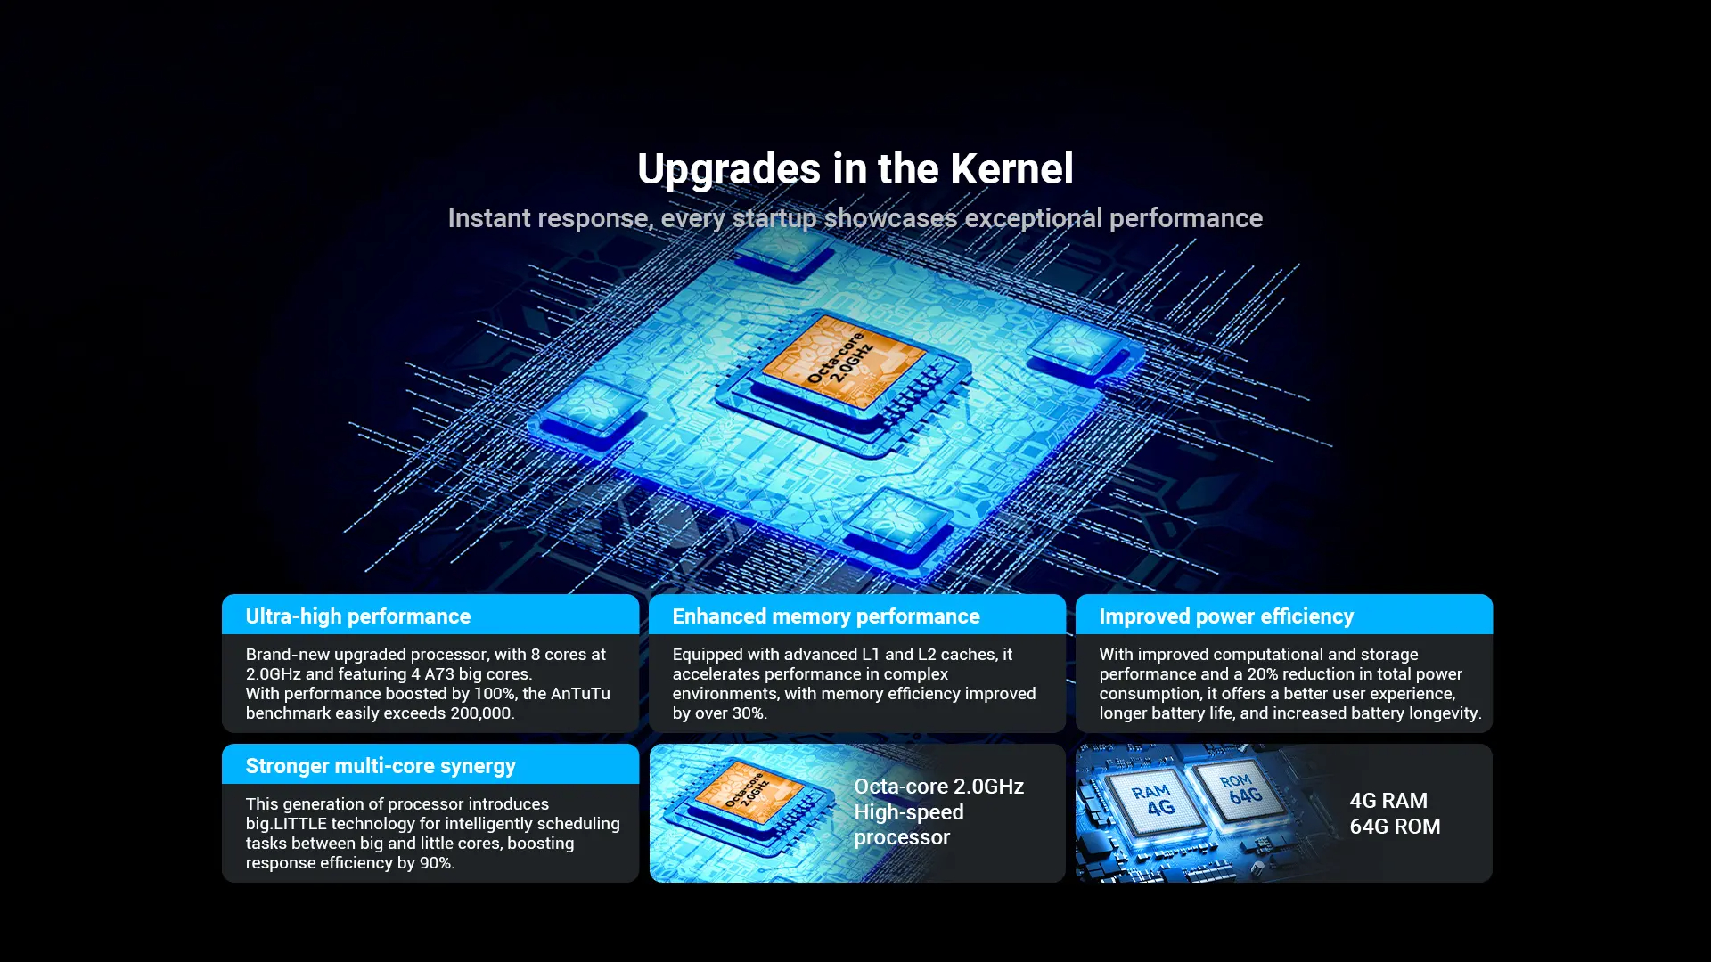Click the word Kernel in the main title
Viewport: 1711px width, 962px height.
coord(1011,169)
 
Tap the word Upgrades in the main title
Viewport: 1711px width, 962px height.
coord(729,170)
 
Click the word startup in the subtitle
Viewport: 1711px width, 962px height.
coord(774,218)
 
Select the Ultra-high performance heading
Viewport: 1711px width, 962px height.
coord(358,616)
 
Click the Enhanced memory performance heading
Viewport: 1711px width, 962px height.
coord(826,616)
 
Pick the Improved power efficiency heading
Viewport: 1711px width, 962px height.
coord(1226,616)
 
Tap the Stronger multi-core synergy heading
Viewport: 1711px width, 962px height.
coord(381,766)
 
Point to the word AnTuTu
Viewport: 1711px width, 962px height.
coord(580,694)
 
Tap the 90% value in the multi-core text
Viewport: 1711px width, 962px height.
coord(437,863)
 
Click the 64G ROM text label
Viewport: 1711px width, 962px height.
coord(1395,827)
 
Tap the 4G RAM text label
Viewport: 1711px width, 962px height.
coord(1388,801)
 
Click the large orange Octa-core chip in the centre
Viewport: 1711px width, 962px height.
coord(842,362)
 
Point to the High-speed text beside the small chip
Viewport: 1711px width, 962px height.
coord(909,812)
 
